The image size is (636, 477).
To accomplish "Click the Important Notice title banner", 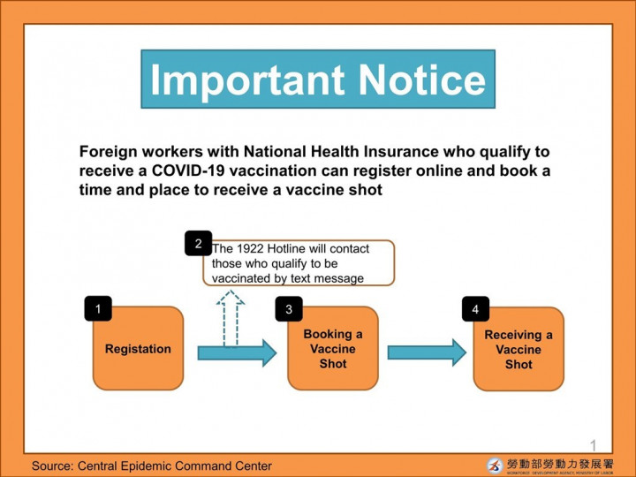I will click(x=318, y=79).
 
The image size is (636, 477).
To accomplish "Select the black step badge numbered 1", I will click(x=98, y=308).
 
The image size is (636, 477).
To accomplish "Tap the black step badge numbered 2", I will click(x=198, y=243).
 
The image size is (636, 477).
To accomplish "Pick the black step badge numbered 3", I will click(x=289, y=309).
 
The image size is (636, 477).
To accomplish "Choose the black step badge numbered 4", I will click(x=475, y=309).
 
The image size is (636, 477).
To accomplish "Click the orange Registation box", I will click(x=138, y=349).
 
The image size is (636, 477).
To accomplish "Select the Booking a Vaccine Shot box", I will click(x=332, y=349).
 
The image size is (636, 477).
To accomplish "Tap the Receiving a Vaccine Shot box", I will click(x=519, y=350).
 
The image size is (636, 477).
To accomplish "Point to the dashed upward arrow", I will click(x=231, y=318).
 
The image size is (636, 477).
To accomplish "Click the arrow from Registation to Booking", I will click(x=236, y=353).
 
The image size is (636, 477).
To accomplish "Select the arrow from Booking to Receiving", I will click(x=426, y=352).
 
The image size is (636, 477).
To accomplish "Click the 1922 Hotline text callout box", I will click(x=300, y=263).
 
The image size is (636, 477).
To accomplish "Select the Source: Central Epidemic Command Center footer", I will click(x=152, y=466).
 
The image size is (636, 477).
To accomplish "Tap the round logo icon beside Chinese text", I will click(x=495, y=465).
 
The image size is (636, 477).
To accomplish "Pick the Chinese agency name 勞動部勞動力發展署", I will click(x=559, y=462).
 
